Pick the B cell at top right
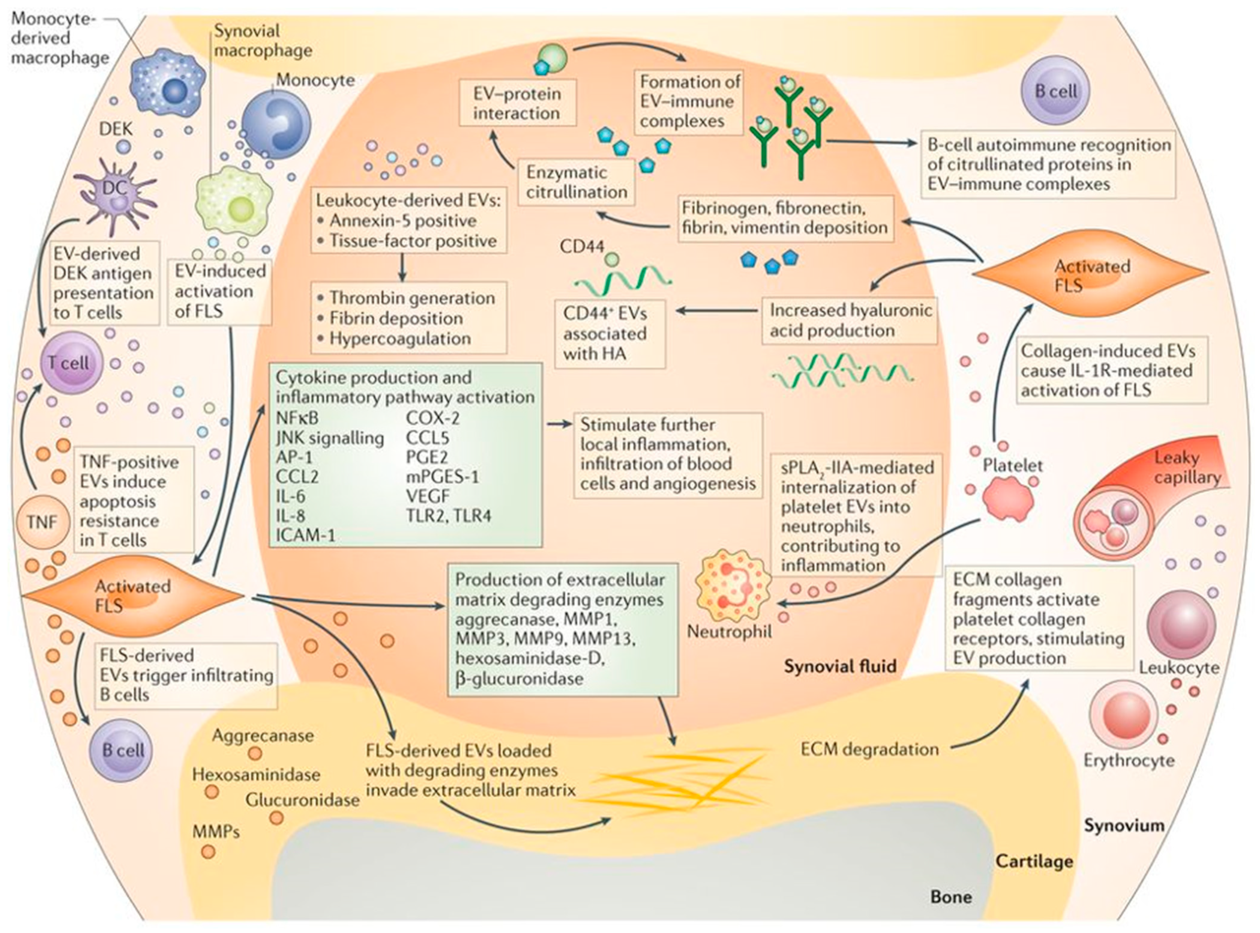(x=1055, y=92)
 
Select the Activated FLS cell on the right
(x=1091, y=275)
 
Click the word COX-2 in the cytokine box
(x=433, y=418)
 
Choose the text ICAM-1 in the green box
(x=305, y=535)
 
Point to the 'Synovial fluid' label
(x=839, y=667)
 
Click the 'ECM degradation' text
(x=870, y=749)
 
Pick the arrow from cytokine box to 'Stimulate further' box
(x=559, y=424)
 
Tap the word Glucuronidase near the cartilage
(x=303, y=800)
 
